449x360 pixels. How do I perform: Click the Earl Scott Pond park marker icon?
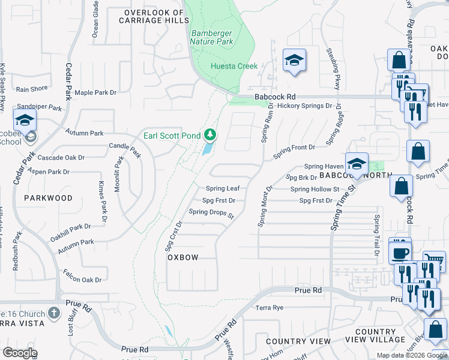pos(209,134)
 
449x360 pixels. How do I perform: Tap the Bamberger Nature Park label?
pos(211,37)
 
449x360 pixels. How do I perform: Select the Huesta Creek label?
pos(234,66)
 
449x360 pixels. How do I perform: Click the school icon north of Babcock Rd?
pos(294,61)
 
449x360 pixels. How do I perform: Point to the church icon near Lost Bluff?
pos(54,313)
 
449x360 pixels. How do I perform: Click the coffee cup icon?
pos(400,251)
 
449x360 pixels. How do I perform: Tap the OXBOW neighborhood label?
pos(182,257)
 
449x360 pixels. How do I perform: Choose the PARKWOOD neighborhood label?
pos(48,197)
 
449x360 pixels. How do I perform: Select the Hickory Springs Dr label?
pos(304,106)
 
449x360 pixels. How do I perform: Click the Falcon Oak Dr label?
pos(82,280)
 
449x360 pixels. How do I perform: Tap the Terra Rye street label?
pos(269,308)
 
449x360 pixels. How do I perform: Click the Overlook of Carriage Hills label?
pos(151,16)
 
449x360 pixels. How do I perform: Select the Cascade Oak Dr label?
pos(61,157)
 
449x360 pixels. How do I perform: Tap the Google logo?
pos(20,353)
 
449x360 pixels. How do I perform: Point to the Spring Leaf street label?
pos(223,188)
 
